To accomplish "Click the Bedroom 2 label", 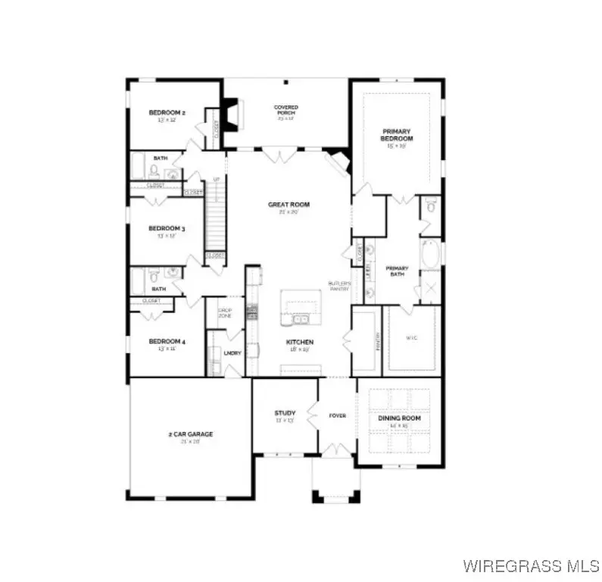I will click(167, 113).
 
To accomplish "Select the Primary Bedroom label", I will click(397, 135).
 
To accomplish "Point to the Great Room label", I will click(289, 205).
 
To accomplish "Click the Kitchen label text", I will click(299, 343).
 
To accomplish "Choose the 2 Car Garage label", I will click(190, 434).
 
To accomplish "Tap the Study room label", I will click(284, 413).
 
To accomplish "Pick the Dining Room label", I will click(399, 418).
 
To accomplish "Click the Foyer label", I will click(336, 415).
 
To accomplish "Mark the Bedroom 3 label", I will click(167, 228).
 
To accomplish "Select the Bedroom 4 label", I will click(167, 342).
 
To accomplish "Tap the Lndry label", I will click(232, 352).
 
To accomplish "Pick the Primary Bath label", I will click(397, 271).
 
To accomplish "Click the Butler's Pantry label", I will click(338, 286).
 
